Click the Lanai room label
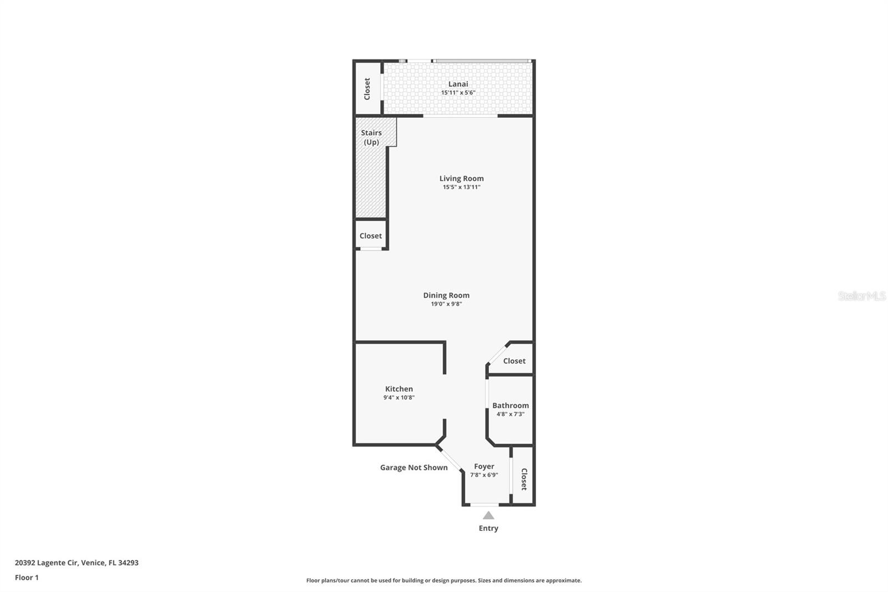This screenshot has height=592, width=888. coord(458,84)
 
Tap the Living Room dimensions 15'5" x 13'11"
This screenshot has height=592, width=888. coord(461,187)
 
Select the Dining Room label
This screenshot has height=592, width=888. coord(446,295)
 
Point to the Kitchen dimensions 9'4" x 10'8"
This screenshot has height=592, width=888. coord(398,398)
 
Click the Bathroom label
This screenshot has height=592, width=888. coord(510,405)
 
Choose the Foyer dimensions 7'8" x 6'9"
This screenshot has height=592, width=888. coord(484,475)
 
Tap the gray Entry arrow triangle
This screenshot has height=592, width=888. coord(488,515)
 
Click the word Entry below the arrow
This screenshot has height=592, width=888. coord(488,528)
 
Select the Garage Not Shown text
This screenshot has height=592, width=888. coord(413,468)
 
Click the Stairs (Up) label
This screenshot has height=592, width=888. coord(371,137)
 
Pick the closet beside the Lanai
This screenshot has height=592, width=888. coord(367,89)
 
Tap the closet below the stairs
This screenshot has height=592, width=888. coord(370,235)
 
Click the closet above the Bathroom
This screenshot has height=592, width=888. coord(514,361)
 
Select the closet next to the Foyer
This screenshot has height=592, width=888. coord(523,479)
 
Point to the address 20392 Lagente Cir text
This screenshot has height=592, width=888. coord(77,563)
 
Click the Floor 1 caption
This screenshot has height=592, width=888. coord(27,578)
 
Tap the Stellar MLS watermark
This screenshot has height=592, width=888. coord(861,297)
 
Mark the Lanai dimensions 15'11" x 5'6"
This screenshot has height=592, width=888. coord(458,93)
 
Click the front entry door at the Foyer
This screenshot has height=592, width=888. coord(487,504)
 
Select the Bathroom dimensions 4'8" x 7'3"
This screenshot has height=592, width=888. coord(510,414)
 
